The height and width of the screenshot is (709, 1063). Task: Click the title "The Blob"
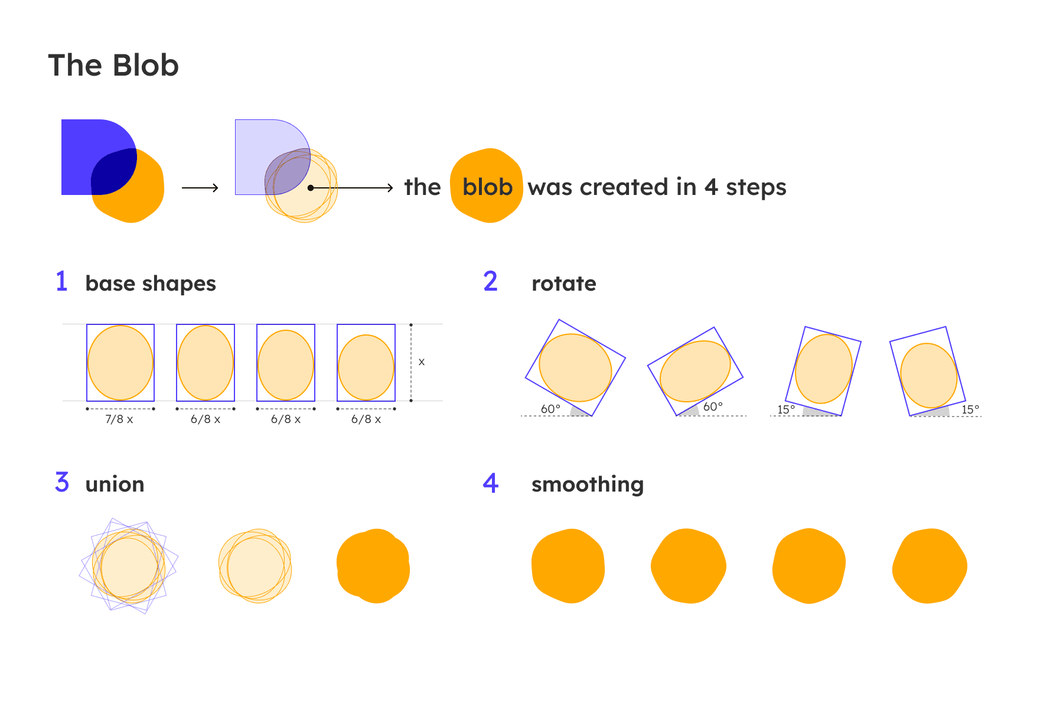pyautogui.click(x=113, y=65)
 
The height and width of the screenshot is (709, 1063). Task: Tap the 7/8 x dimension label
pyautogui.click(x=119, y=419)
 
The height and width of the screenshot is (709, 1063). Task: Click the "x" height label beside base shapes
pyautogui.click(x=422, y=362)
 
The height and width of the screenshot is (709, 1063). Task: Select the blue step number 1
pyautogui.click(x=61, y=281)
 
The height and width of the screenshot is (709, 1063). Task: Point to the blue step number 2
pyautogui.click(x=490, y=281)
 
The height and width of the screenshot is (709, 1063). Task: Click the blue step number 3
pyautogui.click(x=62, y=482)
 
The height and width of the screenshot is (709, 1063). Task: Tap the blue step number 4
pyautogui.click(x=491, y=483)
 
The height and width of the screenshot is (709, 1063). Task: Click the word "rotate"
pyautogui.click(x=564, y=284)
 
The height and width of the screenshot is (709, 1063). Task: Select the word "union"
pyautogui.click(x=115, y=484)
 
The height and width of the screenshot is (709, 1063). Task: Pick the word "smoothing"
pyautogui.click(x=588, y=485)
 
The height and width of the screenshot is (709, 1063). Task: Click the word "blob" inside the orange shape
pyautogui.click(x=487, y=187)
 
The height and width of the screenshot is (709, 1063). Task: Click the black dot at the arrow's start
pyautogui.click(x=311, y=188)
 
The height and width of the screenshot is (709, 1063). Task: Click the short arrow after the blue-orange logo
pyautogui.click(x=200, y=188)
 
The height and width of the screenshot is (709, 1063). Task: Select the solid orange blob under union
pyautogui.click(x=373, y=566)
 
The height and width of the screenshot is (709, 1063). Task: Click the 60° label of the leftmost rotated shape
pyautogui.click(x=550, y=409)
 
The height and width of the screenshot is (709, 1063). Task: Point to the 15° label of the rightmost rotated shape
pyautogui.click(x=970, y=409)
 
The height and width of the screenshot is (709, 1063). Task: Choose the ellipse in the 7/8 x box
pyautogui.click(x=120, y=363)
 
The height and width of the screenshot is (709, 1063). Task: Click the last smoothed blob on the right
pyautogui.click(x=930, y=566)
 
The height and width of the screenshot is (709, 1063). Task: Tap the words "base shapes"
pyautogui.click(x=151, y=284)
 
